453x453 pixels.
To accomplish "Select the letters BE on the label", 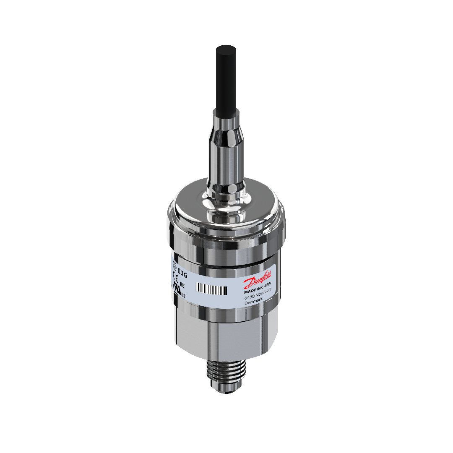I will click(182, 284).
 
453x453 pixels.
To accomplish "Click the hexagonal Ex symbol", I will click(175, 264).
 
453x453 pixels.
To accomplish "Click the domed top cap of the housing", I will click(227, 210).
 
